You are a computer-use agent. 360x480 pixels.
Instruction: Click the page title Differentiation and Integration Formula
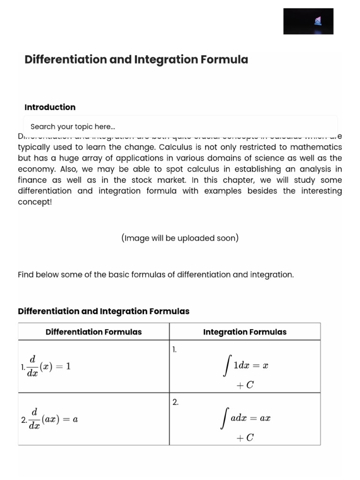(136, 60)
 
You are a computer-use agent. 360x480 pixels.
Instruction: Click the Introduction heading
(50, 107)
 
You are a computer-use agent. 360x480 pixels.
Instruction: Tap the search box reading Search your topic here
(180, 127)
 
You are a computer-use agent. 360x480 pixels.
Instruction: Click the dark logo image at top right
(308, 21)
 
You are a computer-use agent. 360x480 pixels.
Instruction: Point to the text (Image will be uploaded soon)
(180, 238)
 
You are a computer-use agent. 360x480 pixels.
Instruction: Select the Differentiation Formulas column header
(93, 332)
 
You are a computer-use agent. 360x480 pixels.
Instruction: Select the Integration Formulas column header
(245, 332)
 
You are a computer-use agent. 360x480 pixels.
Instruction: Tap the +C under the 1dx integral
(245, 385)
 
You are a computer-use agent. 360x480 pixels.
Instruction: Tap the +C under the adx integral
(245, 438)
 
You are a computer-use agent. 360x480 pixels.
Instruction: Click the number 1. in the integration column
(174, 349)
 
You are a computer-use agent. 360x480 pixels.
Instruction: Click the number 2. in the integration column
(175, 402)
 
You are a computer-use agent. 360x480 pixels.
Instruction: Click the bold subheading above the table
(104, 311)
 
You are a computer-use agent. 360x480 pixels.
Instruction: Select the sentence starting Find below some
(156, 275)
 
